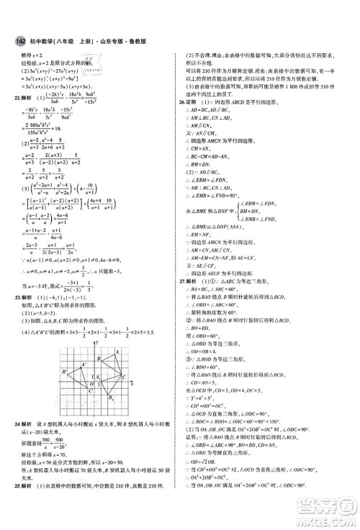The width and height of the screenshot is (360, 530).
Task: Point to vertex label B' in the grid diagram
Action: [x=66, y=413]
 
